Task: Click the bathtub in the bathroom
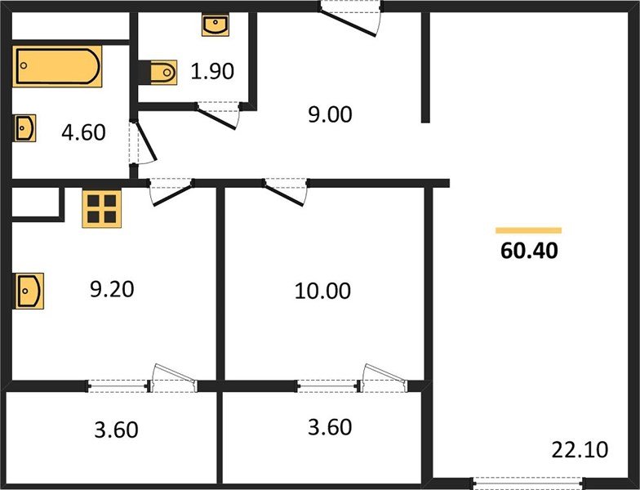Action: click(x=57, y=66)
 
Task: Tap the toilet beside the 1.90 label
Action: click(x=163, y=73)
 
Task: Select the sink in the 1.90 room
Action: click(x=216, y=24)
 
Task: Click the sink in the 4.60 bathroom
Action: click(x=24, y=127)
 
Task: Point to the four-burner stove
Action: click(x=101, y=209)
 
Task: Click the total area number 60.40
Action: click(x=529, y=250)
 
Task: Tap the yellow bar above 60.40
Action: click(x=529, y=230)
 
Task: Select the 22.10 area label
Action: click(x=580, y=449)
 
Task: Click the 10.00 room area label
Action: click(x=322, y=291)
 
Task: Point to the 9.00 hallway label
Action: click(x=330, y=114)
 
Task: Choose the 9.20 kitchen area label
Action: click(x=112, y=289)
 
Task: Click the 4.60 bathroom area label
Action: click(x=83, y=132)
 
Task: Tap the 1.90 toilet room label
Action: click(x=212, y=71)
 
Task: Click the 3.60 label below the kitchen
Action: click(x=116, y=430)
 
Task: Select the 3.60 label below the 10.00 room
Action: click(x=330, y=427)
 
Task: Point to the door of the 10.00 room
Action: click(x=286, y=191)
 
